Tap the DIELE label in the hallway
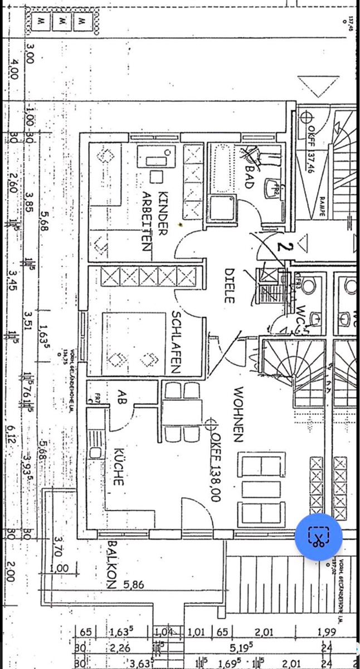229,285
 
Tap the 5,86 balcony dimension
134,585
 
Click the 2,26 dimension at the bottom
120,648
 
